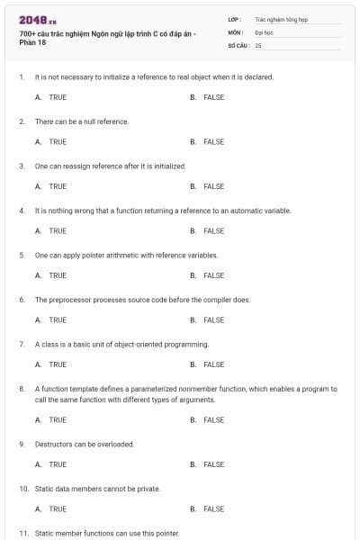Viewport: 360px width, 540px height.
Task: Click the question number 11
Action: coord(23,533)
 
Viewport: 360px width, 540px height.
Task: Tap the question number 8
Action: coord(22,389)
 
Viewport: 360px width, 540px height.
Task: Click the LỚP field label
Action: coord(235,18)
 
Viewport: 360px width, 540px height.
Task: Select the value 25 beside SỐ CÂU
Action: coord(258,44)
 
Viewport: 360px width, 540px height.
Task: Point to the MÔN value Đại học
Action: coord(264,31)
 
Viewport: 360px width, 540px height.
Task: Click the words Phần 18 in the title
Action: coord(31,42)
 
